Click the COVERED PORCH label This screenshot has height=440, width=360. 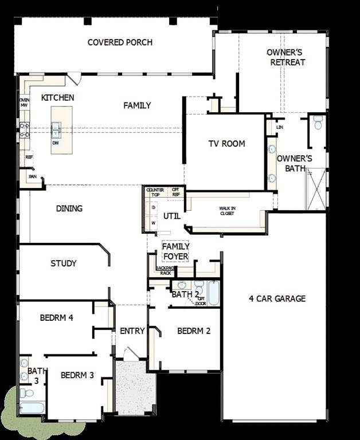120,42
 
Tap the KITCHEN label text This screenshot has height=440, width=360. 57,98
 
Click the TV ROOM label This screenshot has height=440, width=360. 226,144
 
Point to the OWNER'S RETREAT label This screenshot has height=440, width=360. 284,57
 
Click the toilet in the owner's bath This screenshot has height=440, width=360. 318,122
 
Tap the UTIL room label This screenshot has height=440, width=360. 171,216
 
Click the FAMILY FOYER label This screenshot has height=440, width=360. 175,251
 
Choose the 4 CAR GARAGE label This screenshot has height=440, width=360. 277,298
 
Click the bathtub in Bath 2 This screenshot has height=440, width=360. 213,293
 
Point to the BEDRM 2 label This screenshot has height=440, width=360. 194,331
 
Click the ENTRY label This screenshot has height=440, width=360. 132,331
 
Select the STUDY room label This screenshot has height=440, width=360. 63,264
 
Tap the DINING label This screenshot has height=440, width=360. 69,209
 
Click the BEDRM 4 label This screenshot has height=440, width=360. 56,318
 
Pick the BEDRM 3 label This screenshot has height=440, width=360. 77,375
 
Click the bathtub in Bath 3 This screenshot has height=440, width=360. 31,407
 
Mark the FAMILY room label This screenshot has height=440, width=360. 137,105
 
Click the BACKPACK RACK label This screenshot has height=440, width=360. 165,270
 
